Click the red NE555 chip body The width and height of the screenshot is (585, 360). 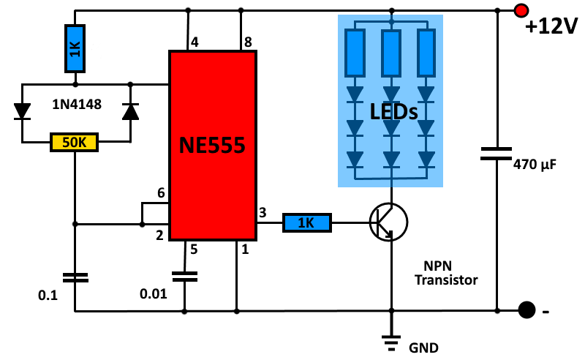click(213, 146)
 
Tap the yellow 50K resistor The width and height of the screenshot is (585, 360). click(74, 142)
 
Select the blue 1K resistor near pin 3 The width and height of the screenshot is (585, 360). click(307, 222)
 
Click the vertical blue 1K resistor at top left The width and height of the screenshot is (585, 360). click(74, 49)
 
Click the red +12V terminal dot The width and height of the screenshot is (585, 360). click(521, 11)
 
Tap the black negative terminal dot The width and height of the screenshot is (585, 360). click(524, 310)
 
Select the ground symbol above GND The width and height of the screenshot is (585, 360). click(392, 340)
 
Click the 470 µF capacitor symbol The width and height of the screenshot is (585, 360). click(497, 154)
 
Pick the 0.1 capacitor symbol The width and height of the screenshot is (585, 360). click(74, 277)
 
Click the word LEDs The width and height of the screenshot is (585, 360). click(393, 112)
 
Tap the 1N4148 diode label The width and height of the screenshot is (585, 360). click(76, 105)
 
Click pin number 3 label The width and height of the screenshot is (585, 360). click(263, 212)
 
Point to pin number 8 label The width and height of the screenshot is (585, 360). click(249, 42)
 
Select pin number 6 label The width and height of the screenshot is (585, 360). click(161, 193)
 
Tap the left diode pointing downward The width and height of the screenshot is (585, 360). click(23, 111)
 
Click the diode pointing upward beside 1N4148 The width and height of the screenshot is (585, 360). click(130, 111)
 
